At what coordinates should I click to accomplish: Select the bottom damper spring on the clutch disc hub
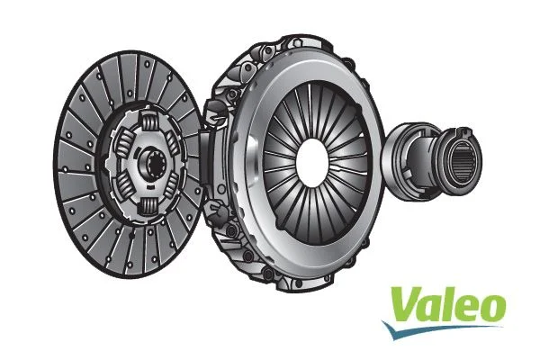coord(149,203)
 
